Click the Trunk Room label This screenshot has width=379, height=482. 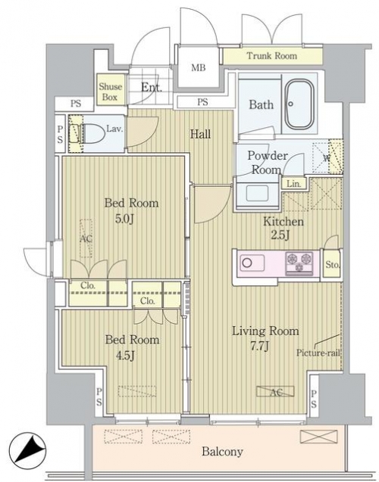[x=272, y=56]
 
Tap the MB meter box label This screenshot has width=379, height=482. [x=199, y=67]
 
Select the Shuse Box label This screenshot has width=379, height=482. [x=110, y=92]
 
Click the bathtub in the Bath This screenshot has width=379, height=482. [x=299, y=104]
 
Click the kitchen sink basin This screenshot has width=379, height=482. [x=252, y=263]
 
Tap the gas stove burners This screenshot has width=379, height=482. [x=299, y=263]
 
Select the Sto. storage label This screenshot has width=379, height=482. [x=333, y=265]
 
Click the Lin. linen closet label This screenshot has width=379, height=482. [x=293, y=184]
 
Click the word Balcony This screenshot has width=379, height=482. [x=222, y=452]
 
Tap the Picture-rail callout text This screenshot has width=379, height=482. [x=318, y=353]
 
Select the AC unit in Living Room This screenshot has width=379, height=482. [x=275, y=391]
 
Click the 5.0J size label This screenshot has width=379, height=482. [x=124, y=219]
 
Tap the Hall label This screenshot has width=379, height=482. [x=200, y=134]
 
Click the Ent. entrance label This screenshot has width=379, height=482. [x=152, y=88]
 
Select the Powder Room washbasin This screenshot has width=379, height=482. [x=257, y=194]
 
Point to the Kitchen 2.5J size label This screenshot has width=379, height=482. [x=280, y=235]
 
